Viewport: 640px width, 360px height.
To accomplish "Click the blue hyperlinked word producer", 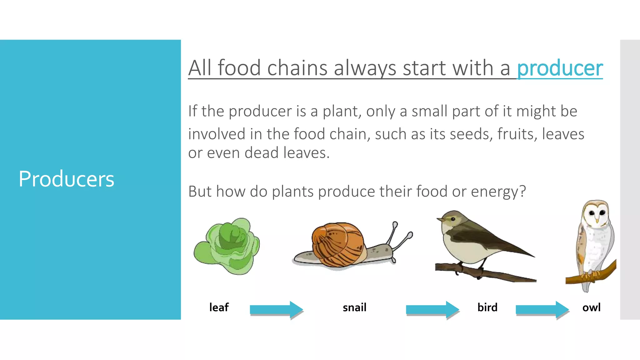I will coord(560,68).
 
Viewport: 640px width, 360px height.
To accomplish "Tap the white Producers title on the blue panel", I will coord(66,179).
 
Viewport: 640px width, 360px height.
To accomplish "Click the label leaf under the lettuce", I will coord(219,307).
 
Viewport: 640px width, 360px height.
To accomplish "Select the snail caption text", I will coord(354,307).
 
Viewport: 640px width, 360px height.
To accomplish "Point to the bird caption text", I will coord(487,307).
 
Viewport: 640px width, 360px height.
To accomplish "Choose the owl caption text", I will coord(591,307).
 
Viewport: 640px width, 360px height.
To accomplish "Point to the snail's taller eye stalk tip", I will coord(395,224).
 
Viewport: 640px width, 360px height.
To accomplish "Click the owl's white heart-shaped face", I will coord(596,214).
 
